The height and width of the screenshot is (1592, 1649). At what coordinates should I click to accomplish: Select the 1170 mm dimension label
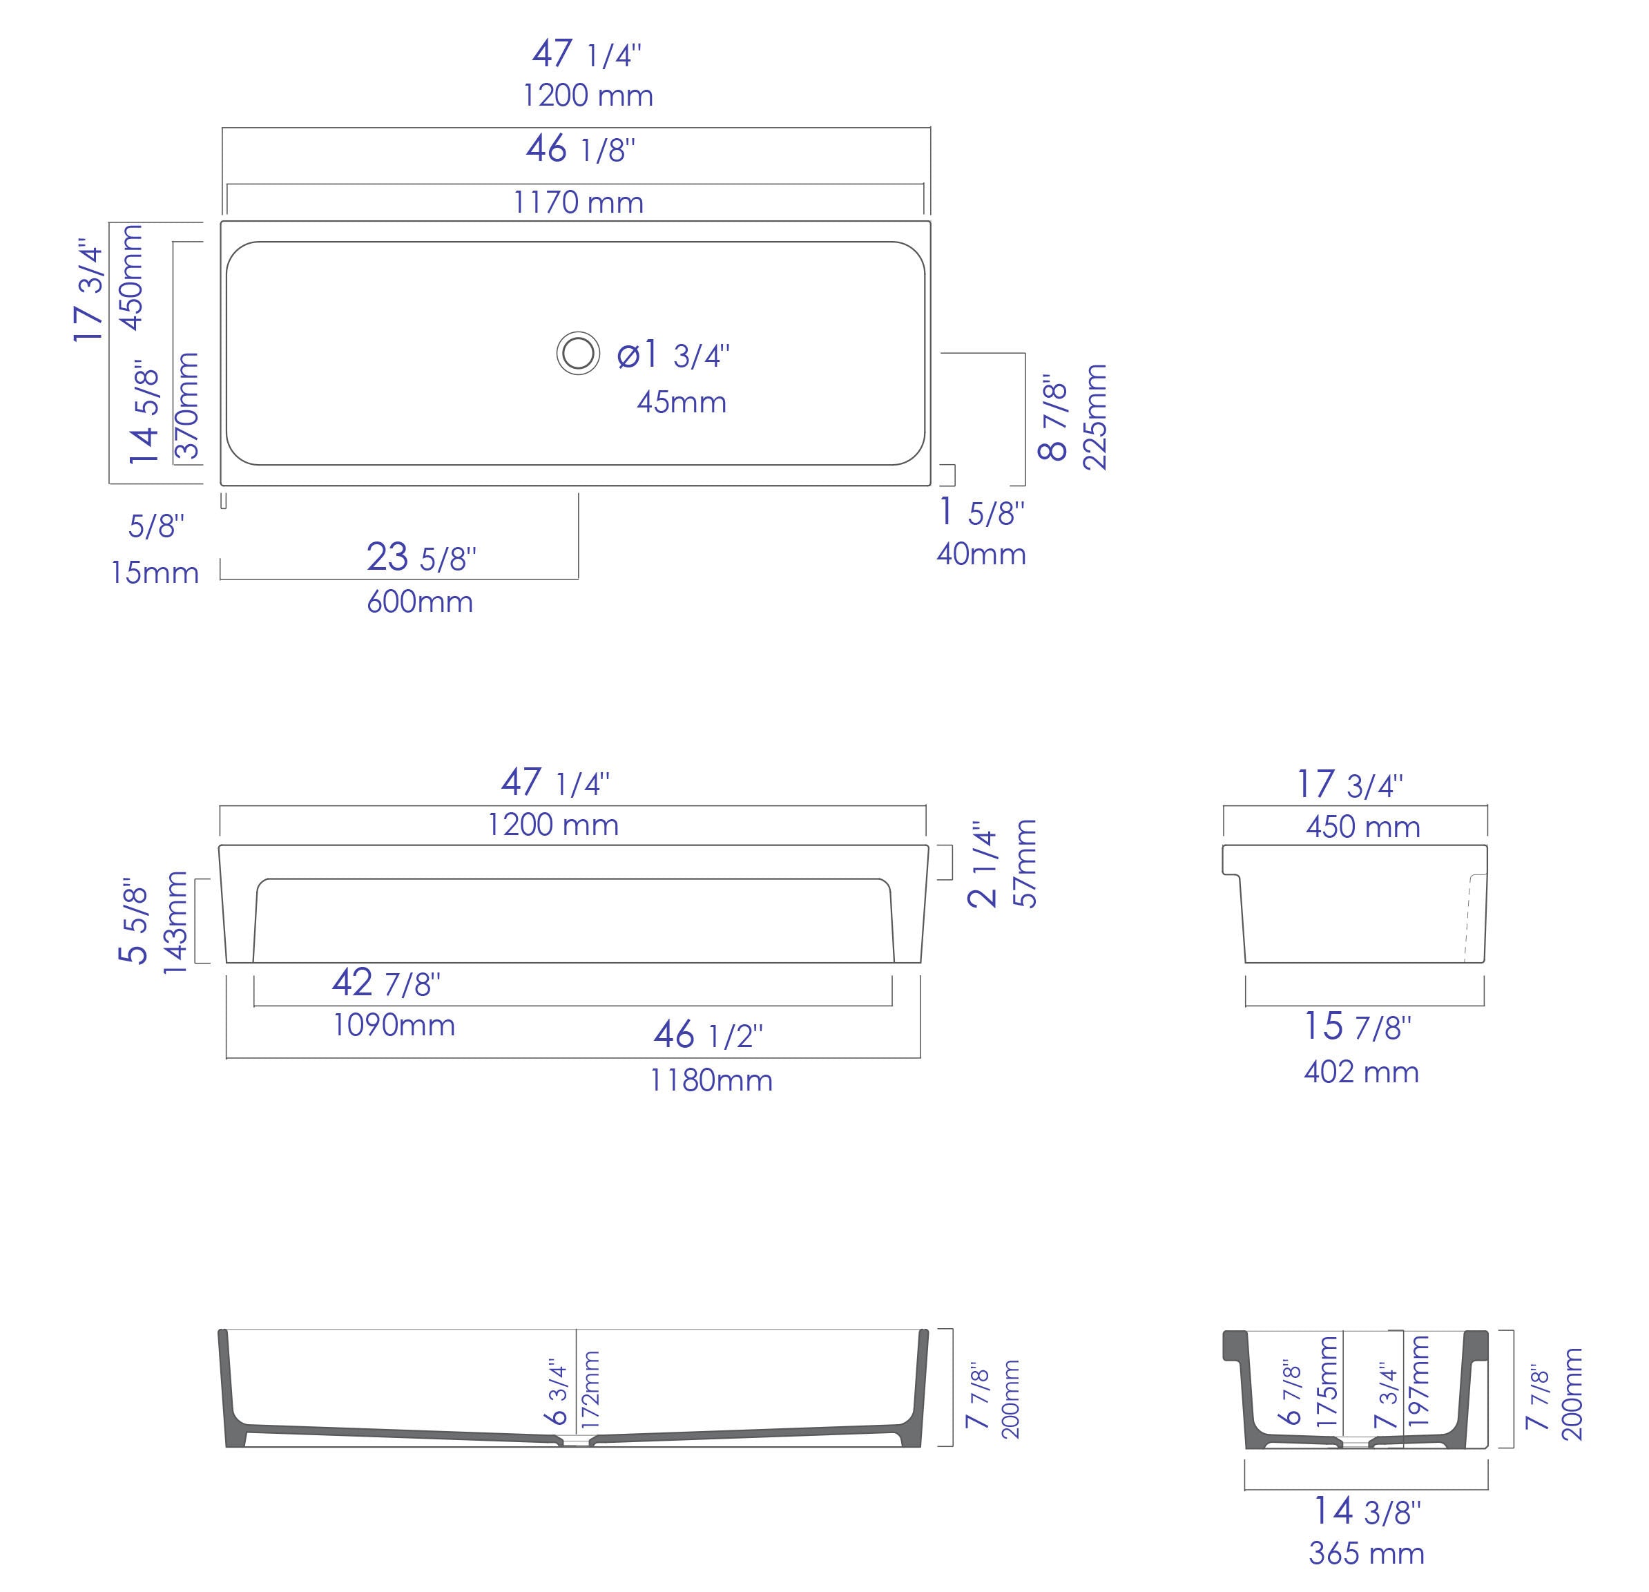[x=579, y=203]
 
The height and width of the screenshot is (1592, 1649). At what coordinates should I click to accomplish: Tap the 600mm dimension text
[x=420, y=602]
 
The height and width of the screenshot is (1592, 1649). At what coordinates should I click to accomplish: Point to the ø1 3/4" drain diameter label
[x=673, y=355]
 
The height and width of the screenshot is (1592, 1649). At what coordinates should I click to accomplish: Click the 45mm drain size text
[x=682, y=402]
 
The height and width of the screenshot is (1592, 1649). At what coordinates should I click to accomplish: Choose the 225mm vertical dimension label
[x=1094, y=417]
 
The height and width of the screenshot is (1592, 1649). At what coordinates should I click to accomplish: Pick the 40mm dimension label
[x=981, y=555]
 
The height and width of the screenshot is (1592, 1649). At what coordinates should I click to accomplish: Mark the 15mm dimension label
[x=155, y=573]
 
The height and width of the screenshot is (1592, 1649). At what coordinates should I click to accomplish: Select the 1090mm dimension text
[x=394, y=1025]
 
